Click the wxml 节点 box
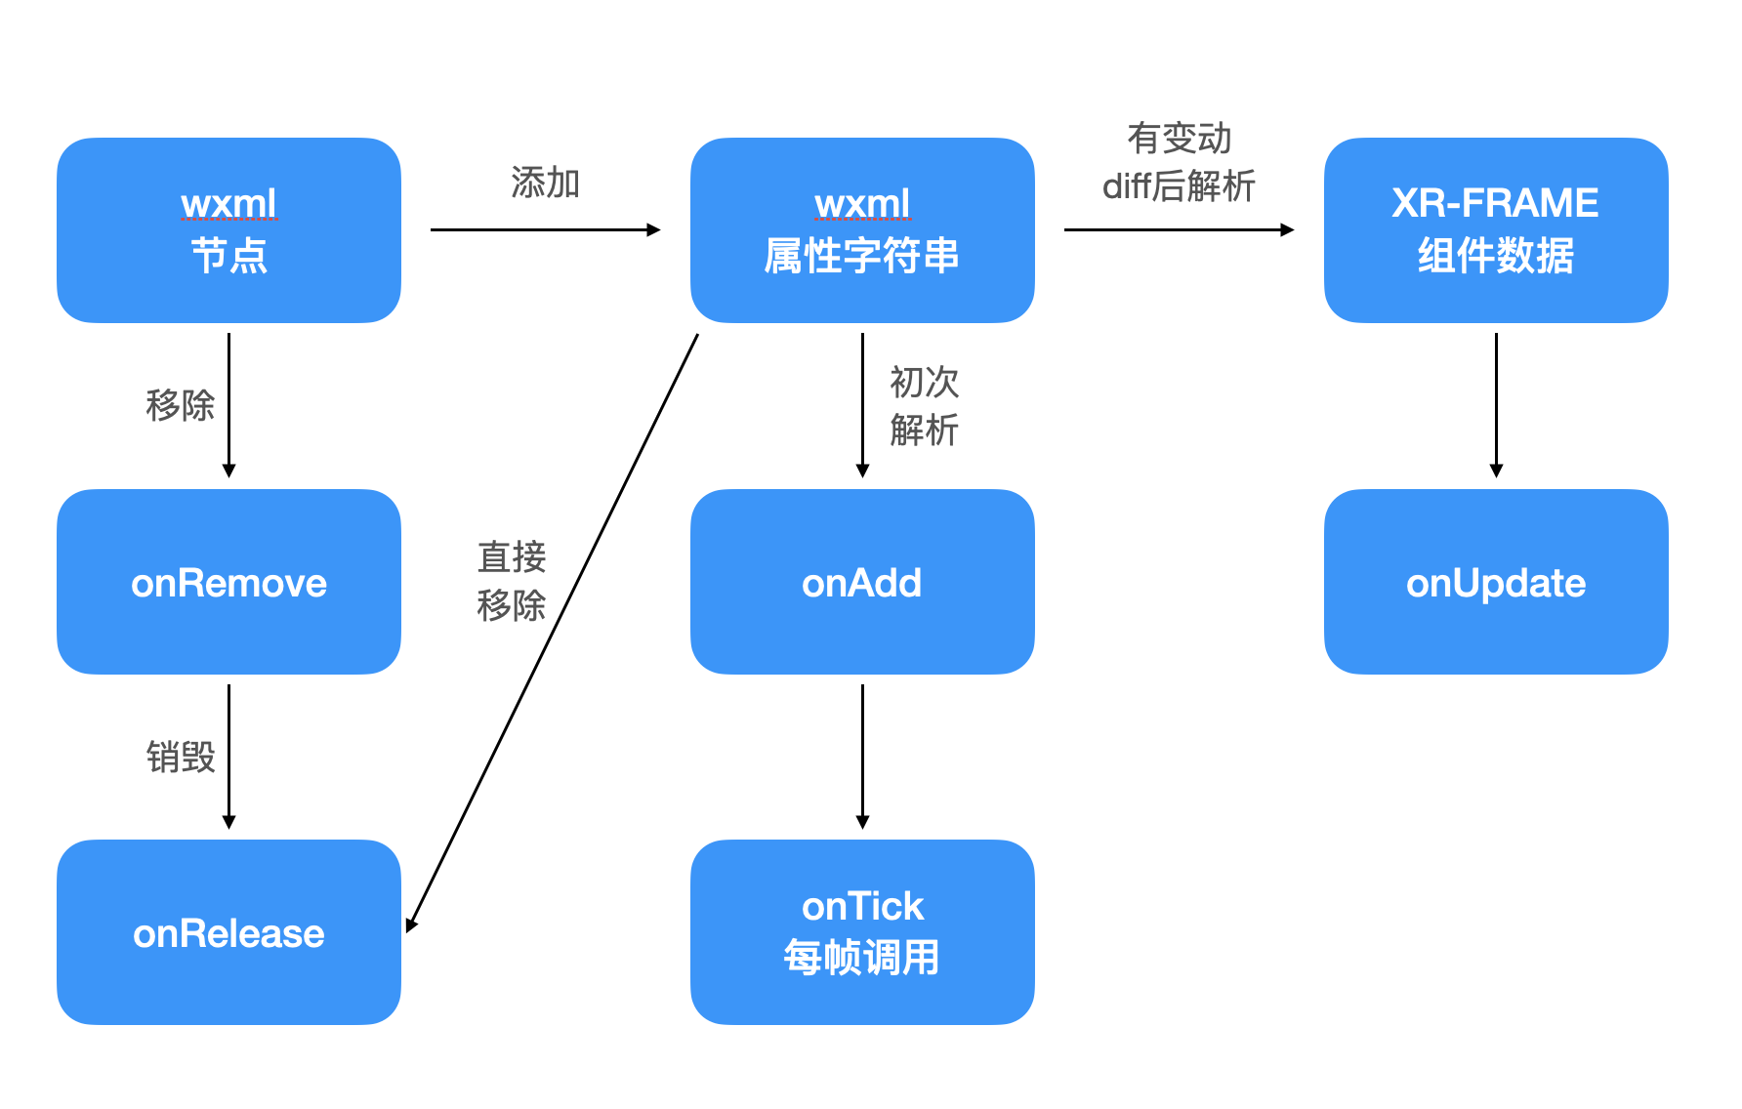(228, 230)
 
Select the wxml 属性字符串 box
(861, 230)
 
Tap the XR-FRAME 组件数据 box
(1495, 230)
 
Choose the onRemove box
(228, 582)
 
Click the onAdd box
(861, 582)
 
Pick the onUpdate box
(1495, 582)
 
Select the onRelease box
(228, 932)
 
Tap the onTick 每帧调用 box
(861, 932)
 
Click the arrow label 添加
(545, 183)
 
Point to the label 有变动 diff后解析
(1179, 162)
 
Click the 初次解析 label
(924, 406)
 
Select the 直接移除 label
(511, 582)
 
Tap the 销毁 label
(181, 757)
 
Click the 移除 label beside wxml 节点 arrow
(181, 405)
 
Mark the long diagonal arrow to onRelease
(553, 631)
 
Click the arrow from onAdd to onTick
(862, 757)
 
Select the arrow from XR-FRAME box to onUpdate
(1496, 405)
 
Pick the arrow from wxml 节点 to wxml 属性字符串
(545, 230)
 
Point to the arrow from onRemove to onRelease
(228, 757)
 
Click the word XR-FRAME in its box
(1495, 203)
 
